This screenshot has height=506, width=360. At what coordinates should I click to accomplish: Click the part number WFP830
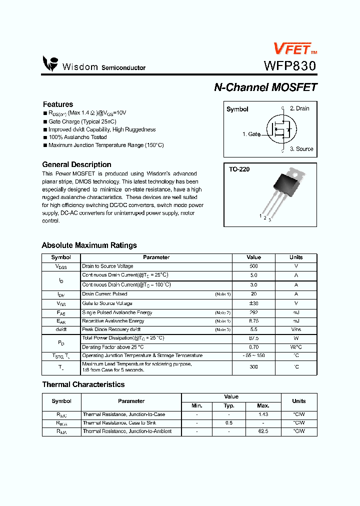point(290,66)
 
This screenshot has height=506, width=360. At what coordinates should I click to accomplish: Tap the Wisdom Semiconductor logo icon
point(50,64)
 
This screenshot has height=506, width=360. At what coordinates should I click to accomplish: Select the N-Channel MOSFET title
point(265,87)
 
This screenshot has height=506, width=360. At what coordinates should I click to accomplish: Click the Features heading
point(58,104)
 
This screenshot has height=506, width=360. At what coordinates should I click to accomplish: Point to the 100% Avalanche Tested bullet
point(77,137)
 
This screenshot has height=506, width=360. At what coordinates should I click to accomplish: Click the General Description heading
point(76,164)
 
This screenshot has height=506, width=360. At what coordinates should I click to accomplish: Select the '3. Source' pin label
point(301,149)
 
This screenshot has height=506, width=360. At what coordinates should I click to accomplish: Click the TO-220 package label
point(239,169)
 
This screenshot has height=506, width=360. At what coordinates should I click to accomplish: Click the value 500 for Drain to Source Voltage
point(253,266)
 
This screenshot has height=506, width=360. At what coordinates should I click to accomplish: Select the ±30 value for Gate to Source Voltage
point(253,303)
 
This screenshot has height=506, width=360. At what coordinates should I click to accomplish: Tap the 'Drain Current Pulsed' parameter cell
point(104,294)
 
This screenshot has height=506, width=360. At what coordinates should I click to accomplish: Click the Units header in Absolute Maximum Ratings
point(296,257)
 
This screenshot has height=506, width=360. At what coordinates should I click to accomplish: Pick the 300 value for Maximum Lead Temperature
point(253,367)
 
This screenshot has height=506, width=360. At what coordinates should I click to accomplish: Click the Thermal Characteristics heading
point(83,384)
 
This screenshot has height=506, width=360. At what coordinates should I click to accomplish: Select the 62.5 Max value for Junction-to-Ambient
point(262,431)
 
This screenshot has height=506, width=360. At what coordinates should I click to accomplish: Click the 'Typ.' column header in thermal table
point(229,406)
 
